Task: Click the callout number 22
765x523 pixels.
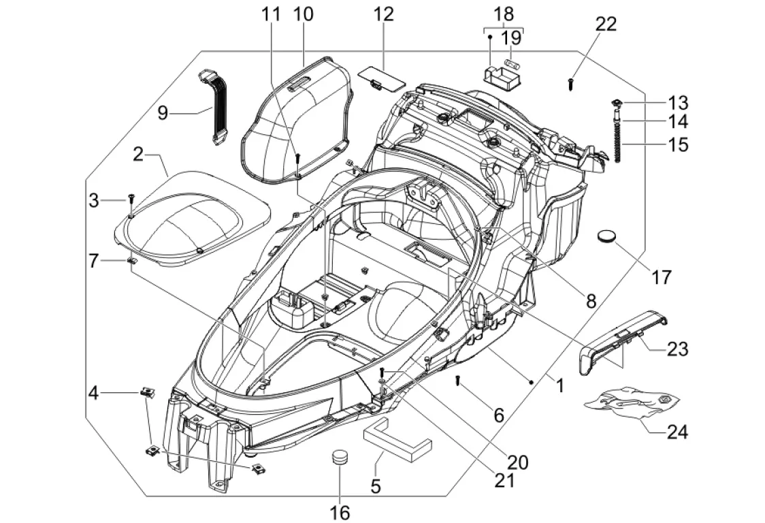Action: (606, 24)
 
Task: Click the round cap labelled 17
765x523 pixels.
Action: (607, 237)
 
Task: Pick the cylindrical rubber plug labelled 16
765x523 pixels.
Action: (340, 460)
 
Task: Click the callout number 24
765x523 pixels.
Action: (677, 432)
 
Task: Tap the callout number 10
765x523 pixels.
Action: (303, 14)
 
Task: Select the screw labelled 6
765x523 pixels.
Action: (457, 381)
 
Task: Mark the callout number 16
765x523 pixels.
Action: (340, 513)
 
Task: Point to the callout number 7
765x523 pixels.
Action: (94, 261)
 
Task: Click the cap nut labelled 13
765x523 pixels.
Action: (617, 103)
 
